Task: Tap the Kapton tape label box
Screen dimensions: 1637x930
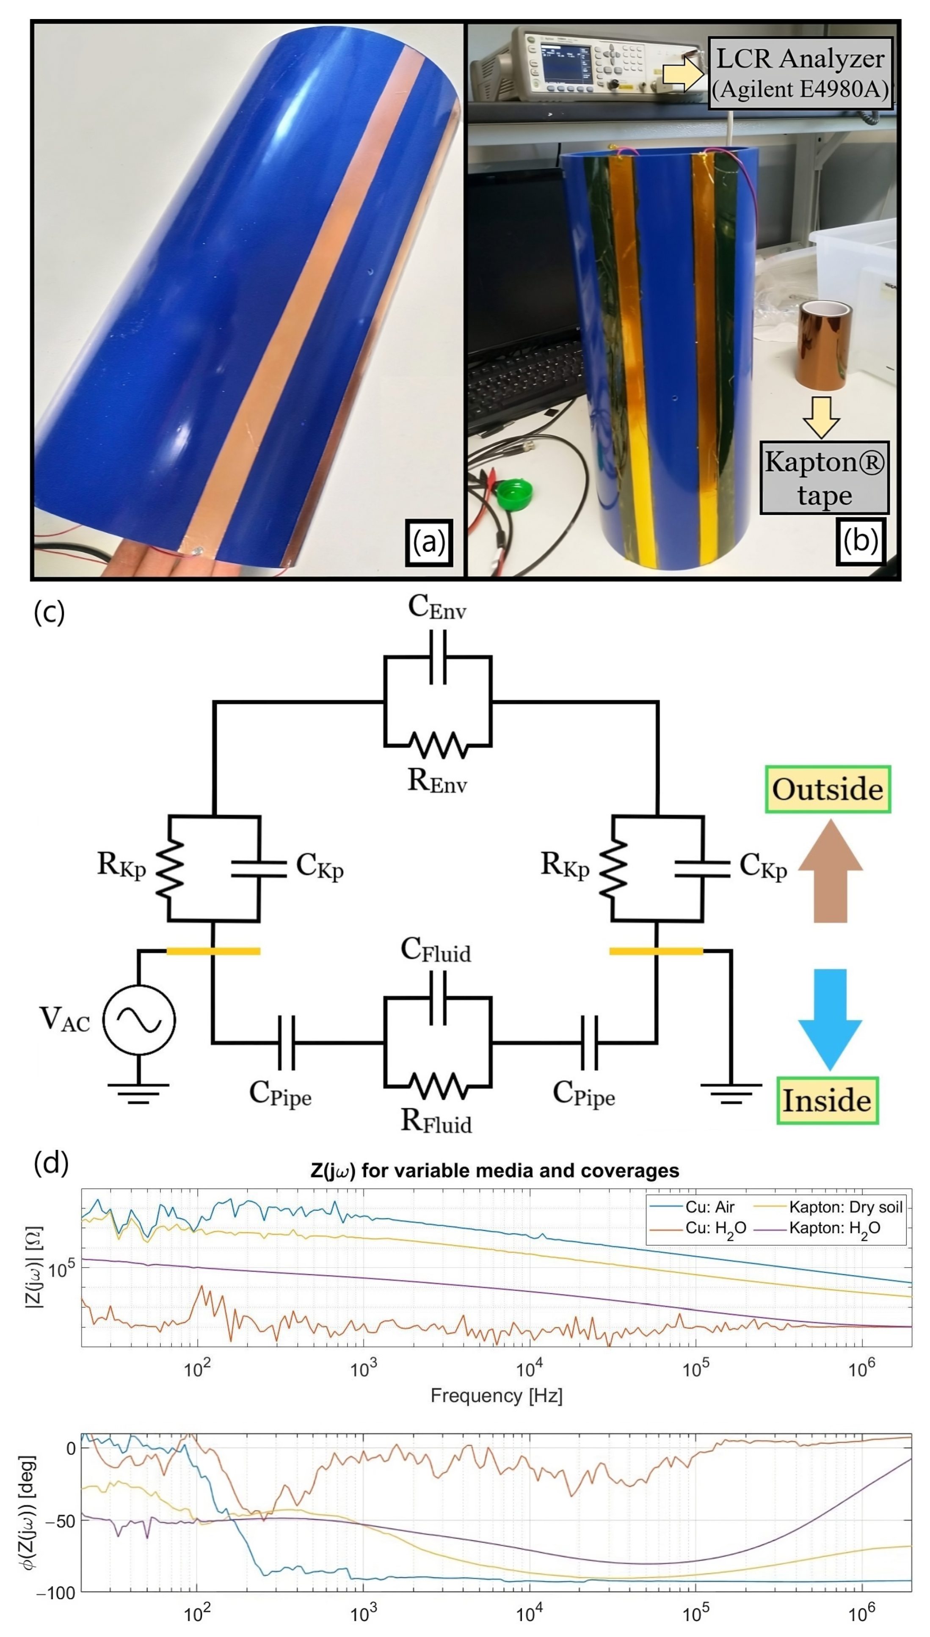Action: [x=824, y=477]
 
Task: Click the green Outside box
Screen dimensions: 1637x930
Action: [x=828, y=789]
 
